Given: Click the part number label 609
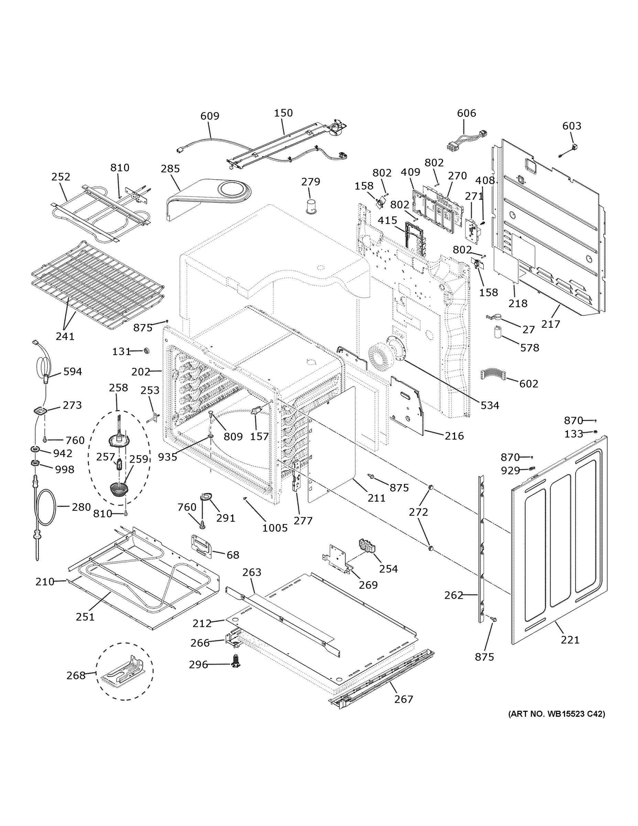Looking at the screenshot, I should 210,116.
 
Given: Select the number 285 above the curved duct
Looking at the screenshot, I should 170,169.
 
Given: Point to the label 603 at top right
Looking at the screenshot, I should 572,126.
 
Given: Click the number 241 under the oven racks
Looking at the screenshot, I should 65,336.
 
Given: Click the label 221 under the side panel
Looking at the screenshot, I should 570,639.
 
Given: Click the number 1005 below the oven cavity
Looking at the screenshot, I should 275,528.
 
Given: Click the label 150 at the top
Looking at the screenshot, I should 283,113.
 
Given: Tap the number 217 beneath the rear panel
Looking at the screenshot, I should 550,324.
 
